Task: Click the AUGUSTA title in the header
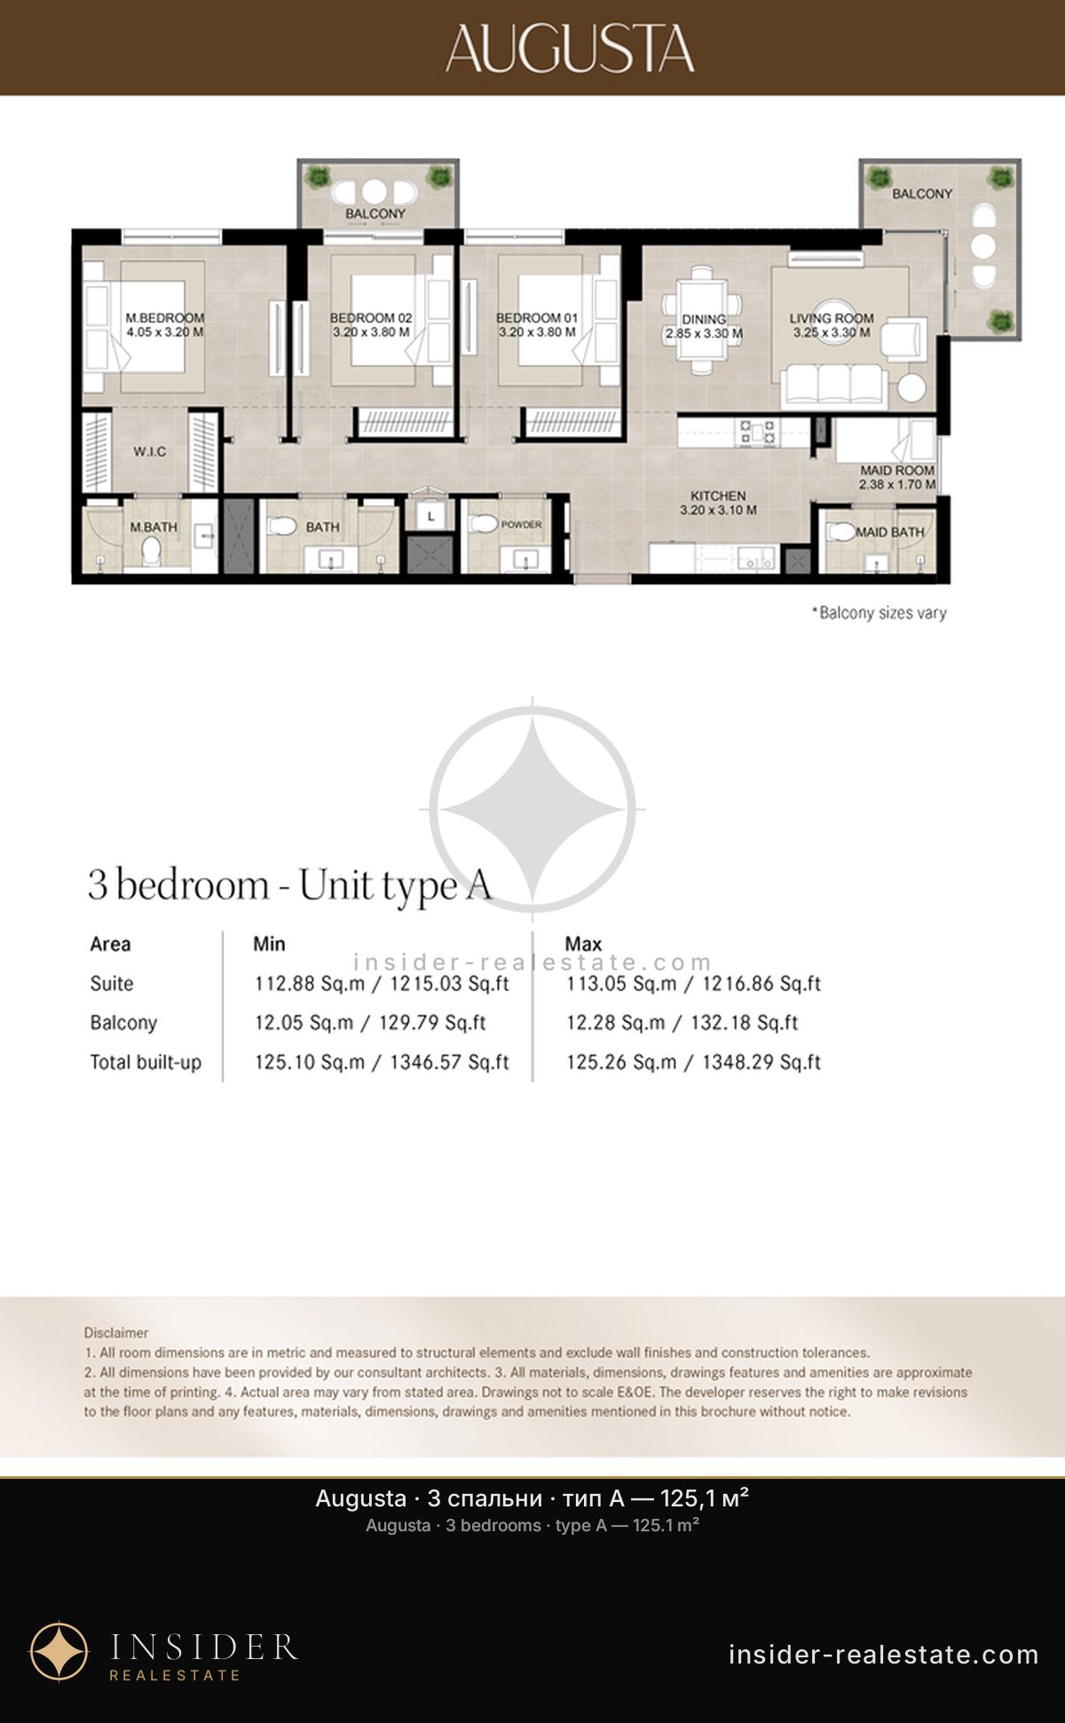coord(570,48)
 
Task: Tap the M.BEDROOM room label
coord(164,318)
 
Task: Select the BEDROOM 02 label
coord(371,318)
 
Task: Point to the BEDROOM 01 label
coord(537,318)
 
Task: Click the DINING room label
coord(704,320)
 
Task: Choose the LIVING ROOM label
coord(832,318)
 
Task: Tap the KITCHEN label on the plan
coord(718,496)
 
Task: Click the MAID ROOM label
coord(896,470)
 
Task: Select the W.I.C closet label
coord(150,452)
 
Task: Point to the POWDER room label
coord(521,525)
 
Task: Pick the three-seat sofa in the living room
coord(834,384)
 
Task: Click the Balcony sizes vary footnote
coord(880,613)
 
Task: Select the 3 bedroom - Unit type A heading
coord(289,886)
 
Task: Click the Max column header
coord(583,944)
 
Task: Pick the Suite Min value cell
coord(382,984)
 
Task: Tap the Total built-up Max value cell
coord(694,1062)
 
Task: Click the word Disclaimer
coord(116,1332)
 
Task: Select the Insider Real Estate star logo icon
coord(59,1651)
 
